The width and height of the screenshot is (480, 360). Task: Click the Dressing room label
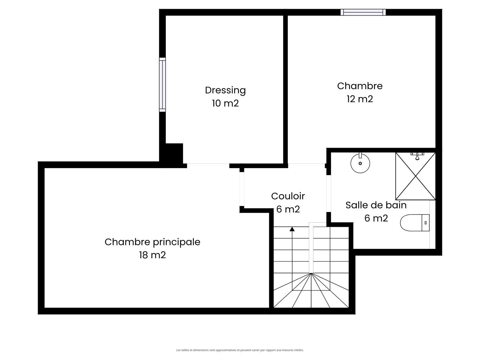(x=225, y=90)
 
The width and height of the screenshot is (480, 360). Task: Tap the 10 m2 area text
(x=225, y=103)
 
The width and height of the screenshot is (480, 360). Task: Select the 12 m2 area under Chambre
(x=360, y=99)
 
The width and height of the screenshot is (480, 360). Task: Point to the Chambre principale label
(x=152, y=242)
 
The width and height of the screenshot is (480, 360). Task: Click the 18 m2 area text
(x=152, y=255)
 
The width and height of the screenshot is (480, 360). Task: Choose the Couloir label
(x=288, y=196)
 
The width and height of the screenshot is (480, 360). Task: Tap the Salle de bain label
(x=376, y=205)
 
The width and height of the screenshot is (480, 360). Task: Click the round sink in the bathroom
(x=360, y=163)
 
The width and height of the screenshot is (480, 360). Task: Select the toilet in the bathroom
(x=415, y=223)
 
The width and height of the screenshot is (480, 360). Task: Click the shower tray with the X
(x=415, y=176)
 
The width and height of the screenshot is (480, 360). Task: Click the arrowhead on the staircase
(x=292, y=229)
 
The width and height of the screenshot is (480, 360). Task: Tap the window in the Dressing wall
(x=162, y=85)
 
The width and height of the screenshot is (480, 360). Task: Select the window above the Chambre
(x=363, y=12)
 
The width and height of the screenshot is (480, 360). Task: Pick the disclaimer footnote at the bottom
(x=240, y=350)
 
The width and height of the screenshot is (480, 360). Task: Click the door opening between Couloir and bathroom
(x=328, y=193)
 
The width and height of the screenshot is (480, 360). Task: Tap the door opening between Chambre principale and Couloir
(x=242, y=189)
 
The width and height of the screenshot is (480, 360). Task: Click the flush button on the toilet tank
(x=425, y=223)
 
